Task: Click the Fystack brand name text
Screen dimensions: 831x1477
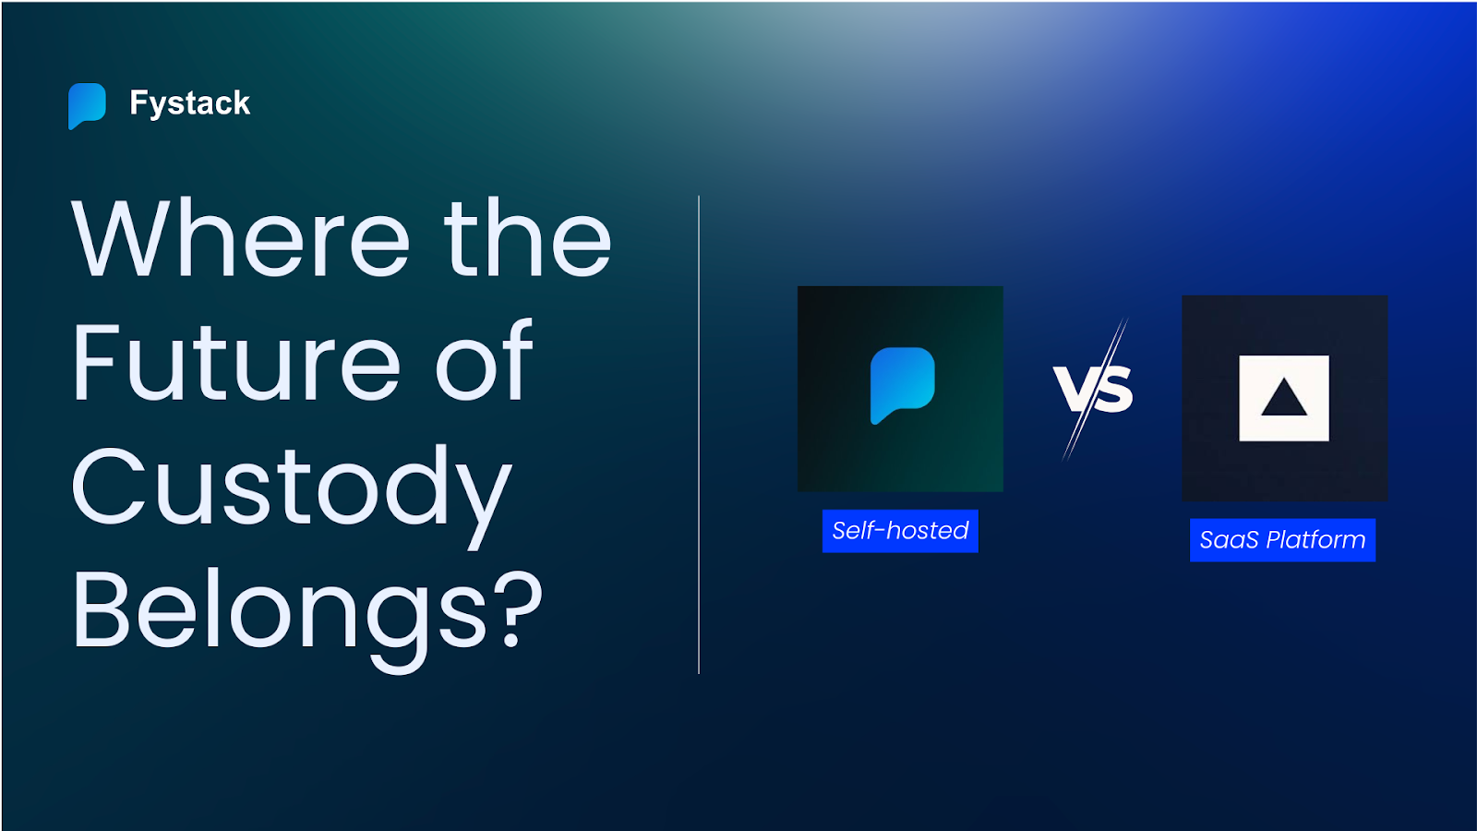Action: (x=189, y=103)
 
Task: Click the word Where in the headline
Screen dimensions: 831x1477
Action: (x=240, y=239)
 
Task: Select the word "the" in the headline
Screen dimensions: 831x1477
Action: (x=527, y=239)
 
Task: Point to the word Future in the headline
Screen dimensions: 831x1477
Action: (x=236, y=363)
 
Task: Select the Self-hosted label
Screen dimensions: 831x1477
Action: (x=900, y=531)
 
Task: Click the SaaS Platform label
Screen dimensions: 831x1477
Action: (x=1282, y=540)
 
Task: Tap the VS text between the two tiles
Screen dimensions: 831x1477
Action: (x=1093, y=388)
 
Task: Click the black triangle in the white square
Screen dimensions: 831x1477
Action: (x=1283, y=399)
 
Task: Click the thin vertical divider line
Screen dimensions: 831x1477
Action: (x=699, y=434)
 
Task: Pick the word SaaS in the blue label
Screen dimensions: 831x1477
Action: (x=1229, y=540)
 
